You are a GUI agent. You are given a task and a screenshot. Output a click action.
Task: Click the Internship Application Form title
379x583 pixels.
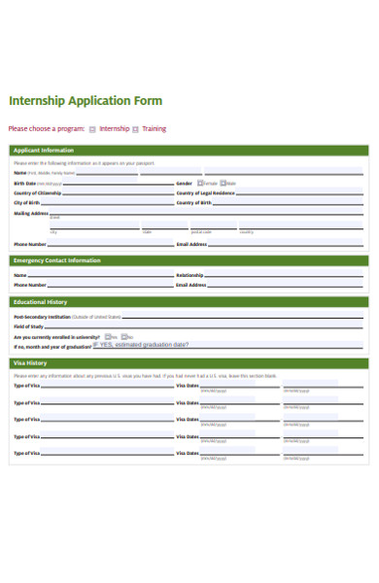(86, 101)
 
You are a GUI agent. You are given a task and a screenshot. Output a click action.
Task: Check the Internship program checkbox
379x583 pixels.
(92, 128)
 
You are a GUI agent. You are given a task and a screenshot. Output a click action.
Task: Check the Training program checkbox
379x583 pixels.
(136, 128)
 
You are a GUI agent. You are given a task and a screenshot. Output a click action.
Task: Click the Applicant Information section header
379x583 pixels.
(43, 151)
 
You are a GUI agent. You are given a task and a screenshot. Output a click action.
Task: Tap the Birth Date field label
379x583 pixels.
(25, 183)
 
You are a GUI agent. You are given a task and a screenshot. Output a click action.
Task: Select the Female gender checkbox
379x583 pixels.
(200, 183)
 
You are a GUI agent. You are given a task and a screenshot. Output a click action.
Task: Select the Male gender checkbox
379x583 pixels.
(224, 183)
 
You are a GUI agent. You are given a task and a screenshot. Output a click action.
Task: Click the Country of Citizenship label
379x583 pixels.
(38, 192)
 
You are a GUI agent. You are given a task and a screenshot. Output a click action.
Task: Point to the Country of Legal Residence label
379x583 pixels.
(205, 192)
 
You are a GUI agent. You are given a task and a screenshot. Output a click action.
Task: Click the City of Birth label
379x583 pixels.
(28, 202)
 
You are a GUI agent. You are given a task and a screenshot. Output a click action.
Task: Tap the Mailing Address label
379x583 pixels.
(30, 213)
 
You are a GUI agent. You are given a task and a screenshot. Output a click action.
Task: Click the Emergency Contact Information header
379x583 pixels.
(56, 260)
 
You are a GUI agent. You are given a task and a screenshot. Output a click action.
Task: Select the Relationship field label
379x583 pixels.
(189, 275)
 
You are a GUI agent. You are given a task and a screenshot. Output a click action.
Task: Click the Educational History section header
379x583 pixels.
(40, 302)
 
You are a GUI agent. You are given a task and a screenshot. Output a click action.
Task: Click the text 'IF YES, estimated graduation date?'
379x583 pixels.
(141, 344)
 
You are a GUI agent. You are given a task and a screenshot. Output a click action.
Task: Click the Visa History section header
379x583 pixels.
(30, 363)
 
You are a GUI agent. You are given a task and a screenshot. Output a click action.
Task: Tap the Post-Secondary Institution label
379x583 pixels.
(42, 317)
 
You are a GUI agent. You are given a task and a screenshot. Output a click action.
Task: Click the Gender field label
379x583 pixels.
(184, 183)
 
